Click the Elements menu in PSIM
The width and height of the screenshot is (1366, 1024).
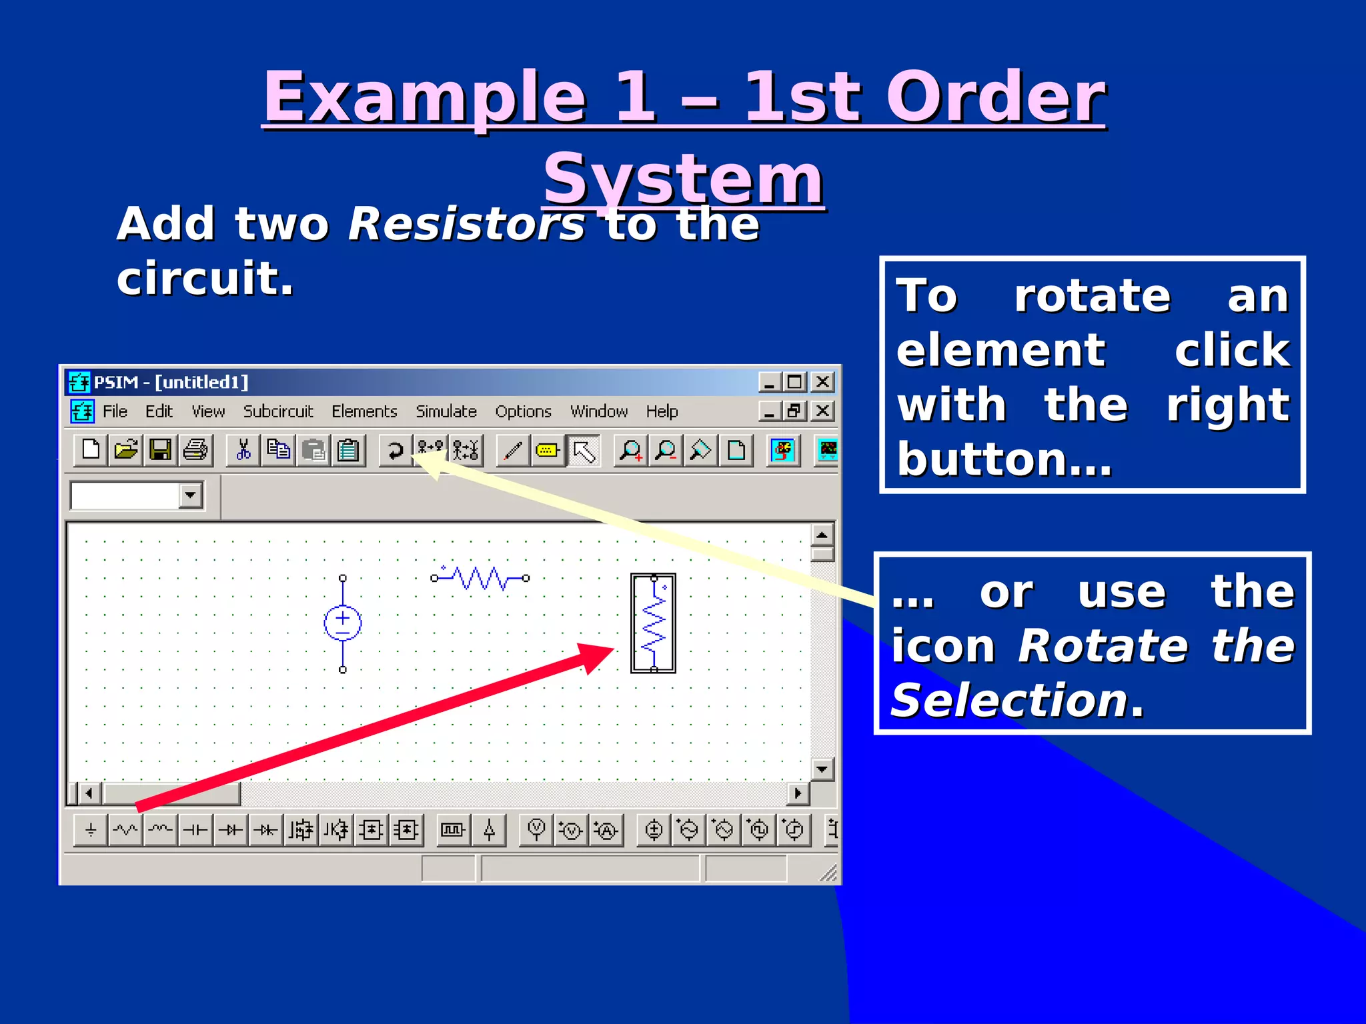click(x=364, y=411)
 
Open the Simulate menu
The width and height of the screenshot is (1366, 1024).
click(x=446, y=411)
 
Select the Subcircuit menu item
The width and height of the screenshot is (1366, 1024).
click(x=277, y=411)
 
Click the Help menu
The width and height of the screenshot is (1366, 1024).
click(x=662, y=411)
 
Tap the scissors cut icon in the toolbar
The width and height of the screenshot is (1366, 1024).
click(x=243, y=450)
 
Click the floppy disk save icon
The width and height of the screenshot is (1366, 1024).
click(x=160, y=450)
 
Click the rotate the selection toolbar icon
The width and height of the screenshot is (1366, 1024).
click(x=396, y=451)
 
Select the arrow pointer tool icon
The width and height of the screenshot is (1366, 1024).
click(x=584, y=451)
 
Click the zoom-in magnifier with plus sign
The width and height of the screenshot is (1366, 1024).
click(x=630, y=451)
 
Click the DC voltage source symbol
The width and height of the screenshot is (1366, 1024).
click(x=343, y=623)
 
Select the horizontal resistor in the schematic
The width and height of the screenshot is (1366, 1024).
click(x=480, y=578)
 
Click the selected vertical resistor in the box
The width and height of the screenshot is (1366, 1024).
click(x=654, y=623)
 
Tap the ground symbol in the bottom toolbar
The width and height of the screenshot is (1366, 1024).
click(x=91, y=830)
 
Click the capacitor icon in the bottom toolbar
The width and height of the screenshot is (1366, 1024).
click(x=195, y=830)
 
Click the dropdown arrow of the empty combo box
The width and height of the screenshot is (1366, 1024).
click(x=191, y=495)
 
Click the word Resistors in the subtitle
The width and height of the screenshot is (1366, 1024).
click(x=466, y=224)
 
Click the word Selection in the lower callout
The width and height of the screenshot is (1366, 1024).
click(x=1009, y=701)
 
